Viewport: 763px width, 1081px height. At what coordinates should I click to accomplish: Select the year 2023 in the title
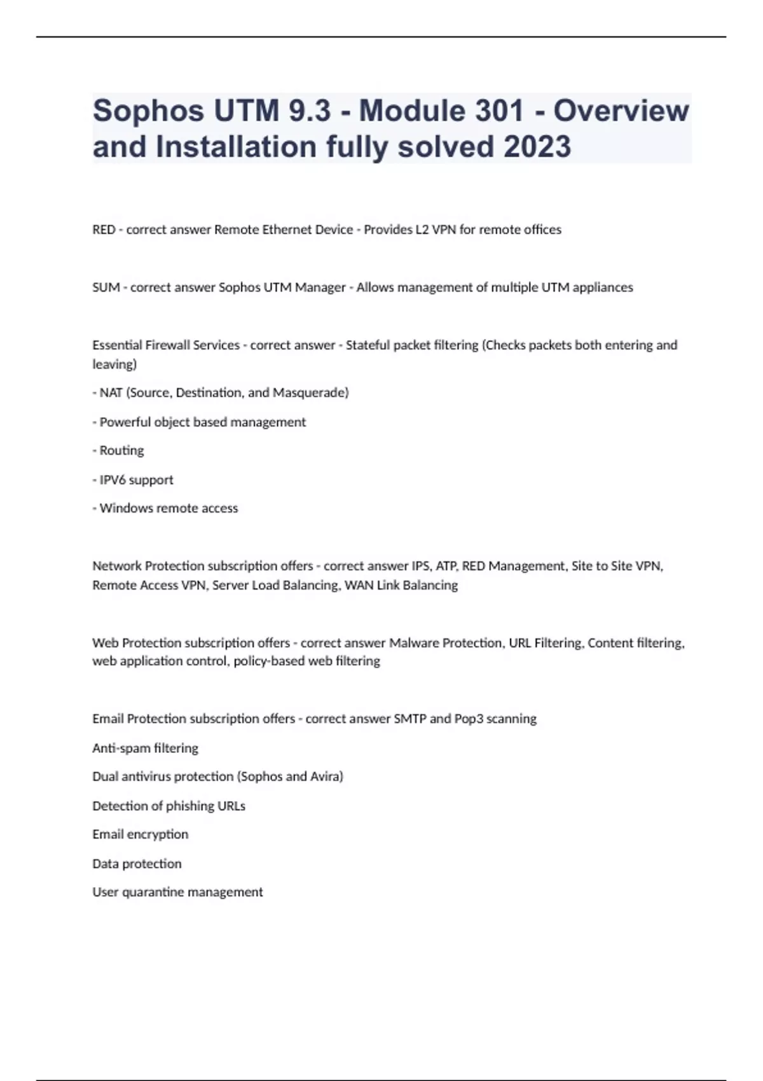click(x=537, y=147)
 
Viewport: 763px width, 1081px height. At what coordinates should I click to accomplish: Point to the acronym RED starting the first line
click(x=104, y=230)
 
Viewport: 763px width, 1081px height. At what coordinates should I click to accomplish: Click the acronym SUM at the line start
click(x=106, y=287)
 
